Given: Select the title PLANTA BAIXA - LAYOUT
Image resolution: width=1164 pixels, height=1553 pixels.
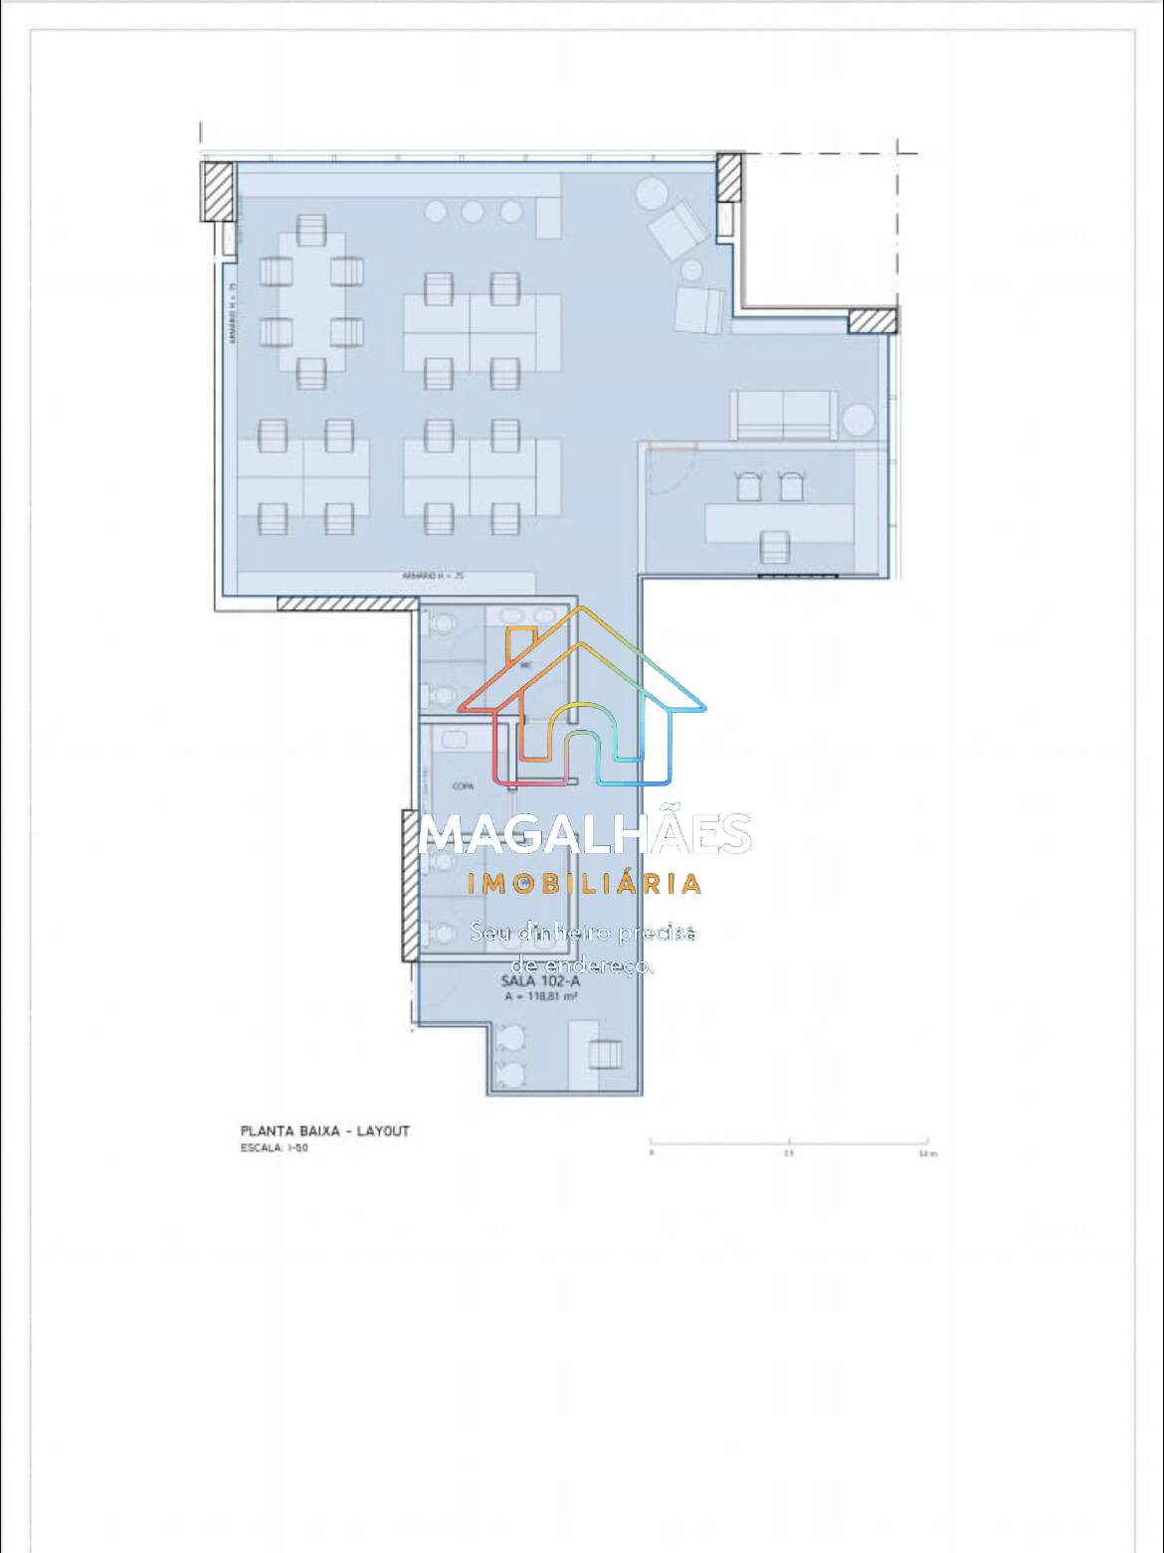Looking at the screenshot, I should click(x=324, y=1130).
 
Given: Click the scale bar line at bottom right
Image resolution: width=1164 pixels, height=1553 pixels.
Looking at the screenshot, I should click(x=789, y=1139).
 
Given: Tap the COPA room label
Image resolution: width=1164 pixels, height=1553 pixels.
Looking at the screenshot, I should click(x=462, y=785).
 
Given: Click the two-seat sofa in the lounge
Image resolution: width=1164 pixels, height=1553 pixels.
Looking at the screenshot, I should click(x=783, y=415).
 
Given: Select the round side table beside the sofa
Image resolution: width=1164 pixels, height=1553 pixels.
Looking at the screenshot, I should click(x=858, y=421).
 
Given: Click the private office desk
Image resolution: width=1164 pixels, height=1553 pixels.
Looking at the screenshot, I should click(x=780, y=520).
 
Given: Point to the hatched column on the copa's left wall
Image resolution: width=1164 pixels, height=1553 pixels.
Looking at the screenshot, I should click(x=409, y=885).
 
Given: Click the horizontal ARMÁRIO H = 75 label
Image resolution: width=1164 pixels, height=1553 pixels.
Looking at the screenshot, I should click(x=434, y=576).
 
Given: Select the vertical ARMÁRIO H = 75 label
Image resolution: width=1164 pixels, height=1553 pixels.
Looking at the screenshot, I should click(x=232, y=314).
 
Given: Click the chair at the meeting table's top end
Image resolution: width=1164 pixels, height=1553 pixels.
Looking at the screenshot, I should click(x=312, y=229).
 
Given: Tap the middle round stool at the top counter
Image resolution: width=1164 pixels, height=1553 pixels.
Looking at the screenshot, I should click(x=473, y=212).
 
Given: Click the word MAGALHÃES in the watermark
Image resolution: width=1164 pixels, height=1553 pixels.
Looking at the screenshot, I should click(x=585, y=834).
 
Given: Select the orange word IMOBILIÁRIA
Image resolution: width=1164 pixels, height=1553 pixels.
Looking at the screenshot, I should click(x=585, y=883).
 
